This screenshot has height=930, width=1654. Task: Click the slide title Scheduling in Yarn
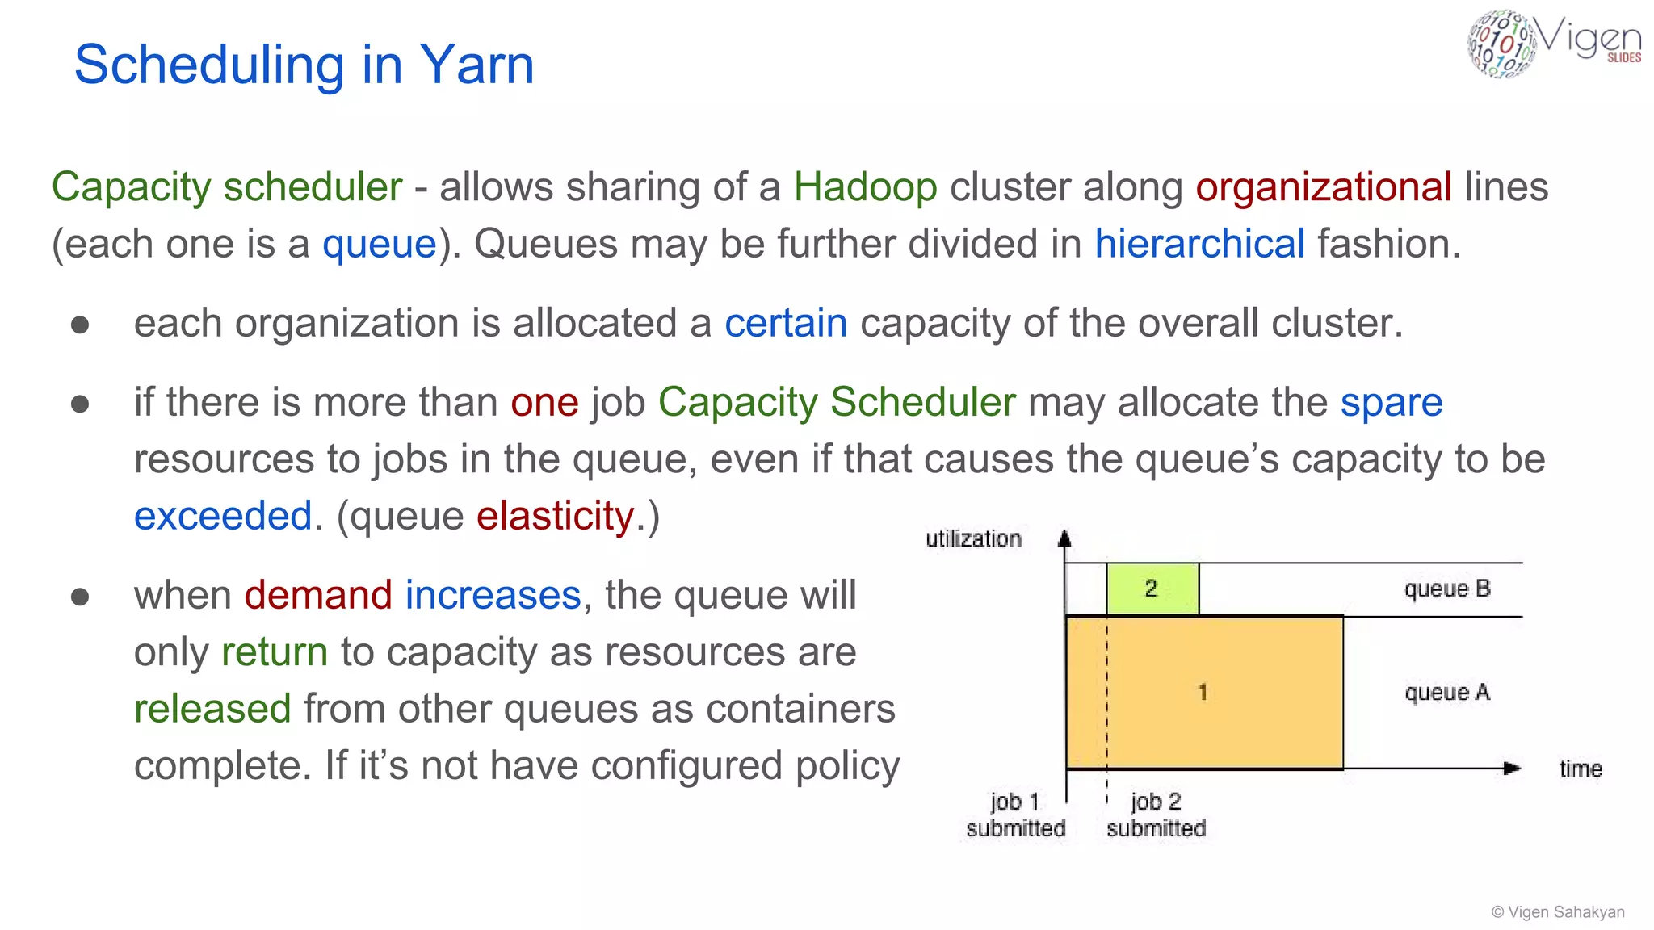pyautogui.click(x=304, y=65)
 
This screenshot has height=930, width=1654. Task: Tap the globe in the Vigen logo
pyautogui.click(x=1501, y=44)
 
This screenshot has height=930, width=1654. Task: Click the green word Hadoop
pyautogui.click(x=865, y=187)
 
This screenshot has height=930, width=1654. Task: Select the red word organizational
pyautogui.click(x=1324, y=187)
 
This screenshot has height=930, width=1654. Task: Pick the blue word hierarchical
pyautogui.click(x=1199, y=244)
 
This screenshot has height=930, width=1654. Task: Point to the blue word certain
pyautogui.click(x=785, y=324)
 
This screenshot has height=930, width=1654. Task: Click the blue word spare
pyautogui.click(x=1391, y=402)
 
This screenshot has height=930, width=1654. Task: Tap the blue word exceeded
pyautogui.click(x=223, y=516)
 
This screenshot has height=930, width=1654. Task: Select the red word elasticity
pyautogui.click(x=555, y=516)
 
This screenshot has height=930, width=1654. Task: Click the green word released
pyautogui.click(x=212, y=709)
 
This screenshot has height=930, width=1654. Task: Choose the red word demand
pyautogui.click(x=318, y=595)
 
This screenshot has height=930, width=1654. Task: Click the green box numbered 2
pyautogui.click(x=1152, y=589)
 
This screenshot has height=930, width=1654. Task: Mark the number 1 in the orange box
pyautogui.click(x=1203, y=692)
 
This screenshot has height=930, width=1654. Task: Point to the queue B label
pyautogui.click(x=1446, y=589)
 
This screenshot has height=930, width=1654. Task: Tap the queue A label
pyautogui.click(x=1446, y=693)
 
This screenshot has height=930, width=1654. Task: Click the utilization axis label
pyautogui.click(x=973, y=538)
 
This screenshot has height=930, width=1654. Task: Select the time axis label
pyautogui.click(x=1580, y=769)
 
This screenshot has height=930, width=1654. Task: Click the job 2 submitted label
pyautogui.click(x=1156, y=815)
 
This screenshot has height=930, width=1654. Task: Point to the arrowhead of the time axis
pyautogui.click(x=1512, y=769)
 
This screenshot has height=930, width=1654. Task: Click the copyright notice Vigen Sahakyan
pyautogui.click(x=1558, y=911)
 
